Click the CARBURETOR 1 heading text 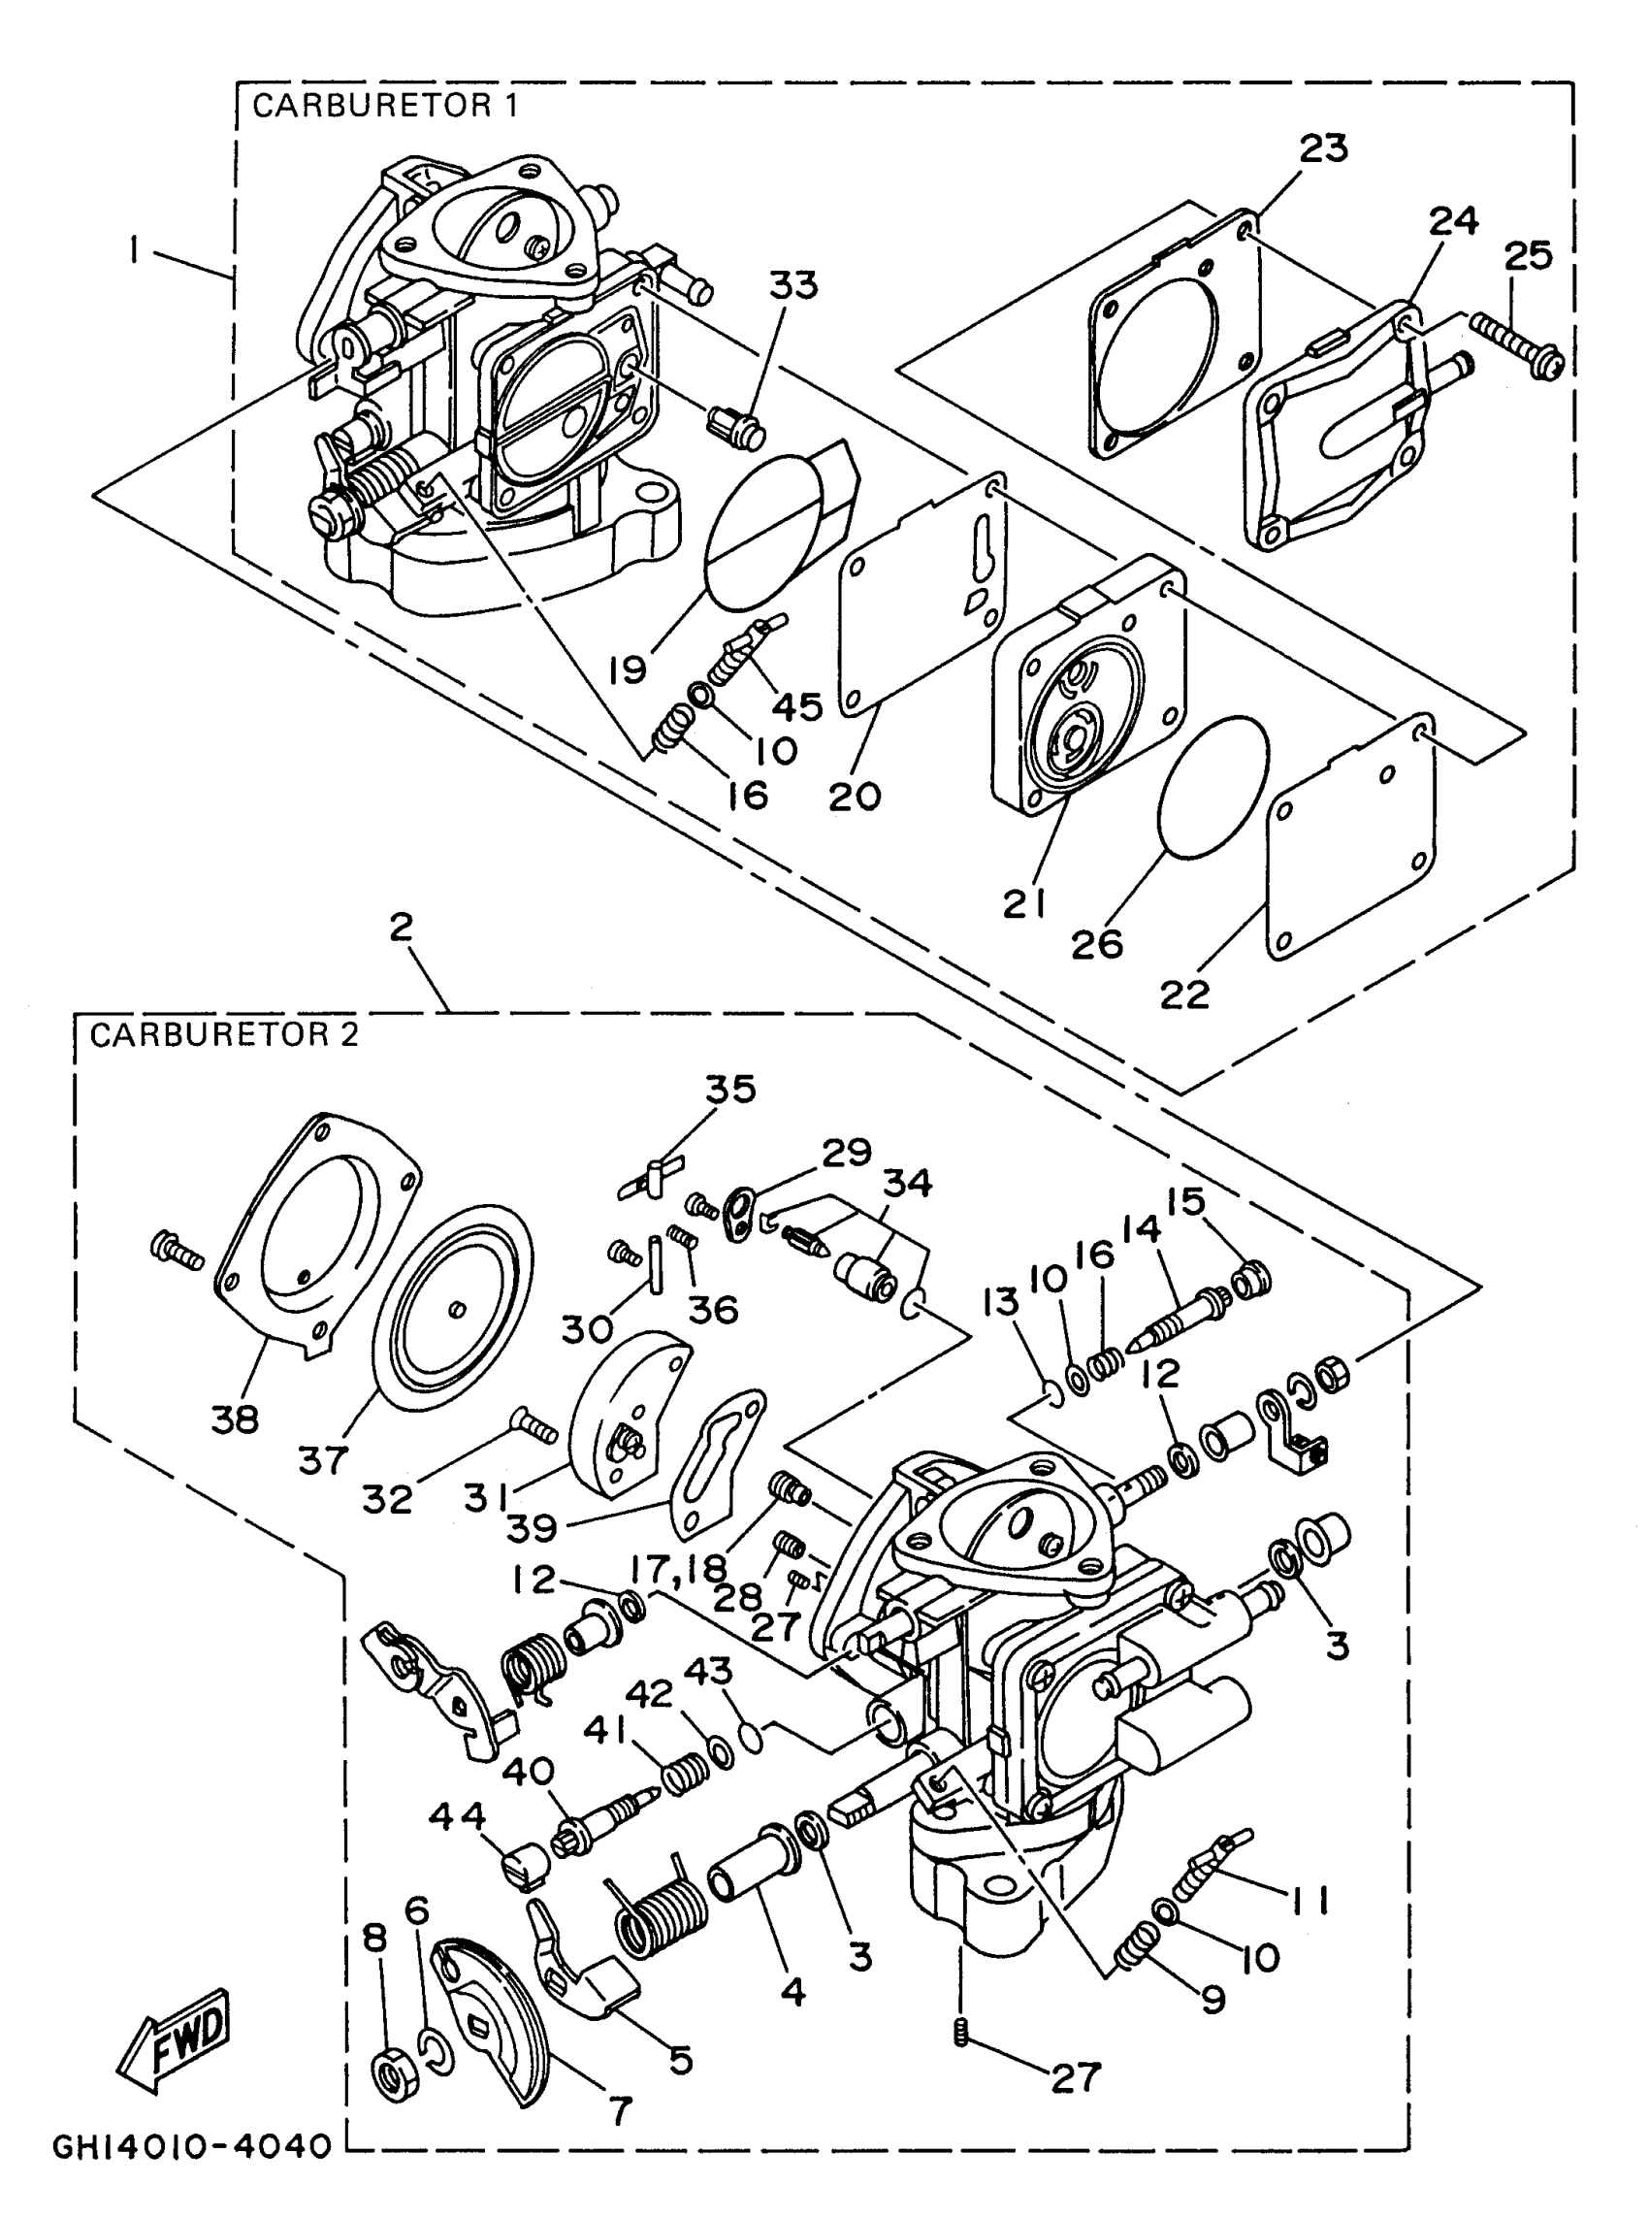click(x=385, y=106)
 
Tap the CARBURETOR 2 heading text click(x=224, y=1035)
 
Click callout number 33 click(x=792, y=285)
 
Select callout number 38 click(x=235, y=1419)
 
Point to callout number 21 click(x=1023, y=903)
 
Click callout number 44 click(x=457, y=1814)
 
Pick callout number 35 click(x=730, y=1089)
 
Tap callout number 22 click(x=1183, y=995)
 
